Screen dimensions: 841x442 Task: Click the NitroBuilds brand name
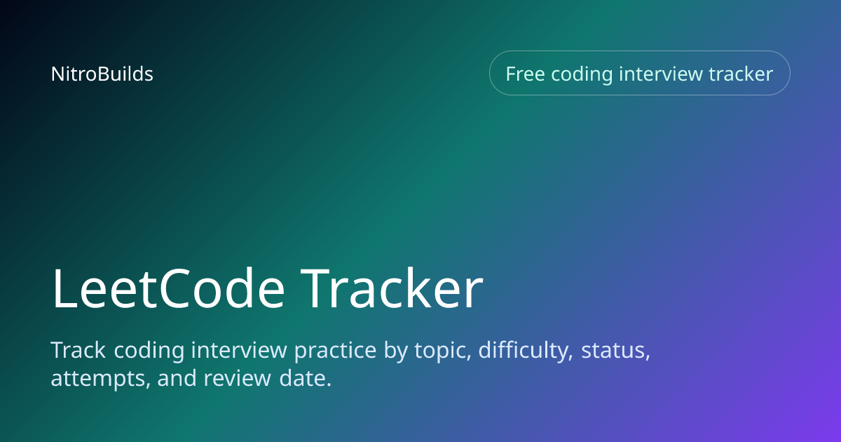102,74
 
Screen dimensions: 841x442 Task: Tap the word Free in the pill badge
525,74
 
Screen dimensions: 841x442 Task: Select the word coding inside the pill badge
582,75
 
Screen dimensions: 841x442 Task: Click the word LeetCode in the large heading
168,288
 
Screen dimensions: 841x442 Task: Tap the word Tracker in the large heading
392,288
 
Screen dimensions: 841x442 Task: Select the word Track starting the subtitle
78,350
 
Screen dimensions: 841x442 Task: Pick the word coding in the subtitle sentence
149,351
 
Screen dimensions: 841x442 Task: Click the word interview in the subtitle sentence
239,350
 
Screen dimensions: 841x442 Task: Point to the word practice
335,351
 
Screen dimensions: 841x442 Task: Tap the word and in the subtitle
177,377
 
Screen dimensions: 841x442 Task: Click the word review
238,377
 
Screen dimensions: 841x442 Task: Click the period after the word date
329,384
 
